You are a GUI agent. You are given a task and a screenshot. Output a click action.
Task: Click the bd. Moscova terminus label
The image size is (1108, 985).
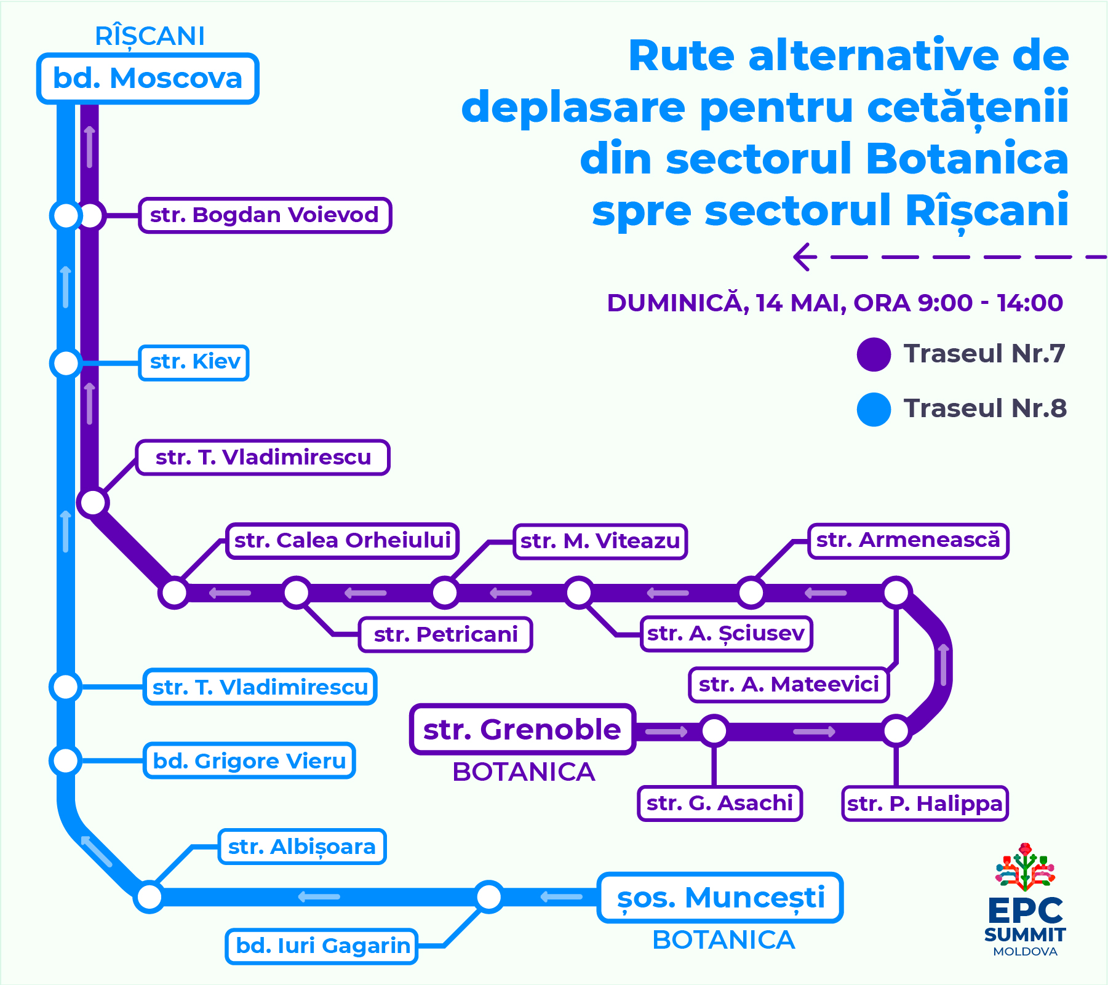click(x=148, y=79)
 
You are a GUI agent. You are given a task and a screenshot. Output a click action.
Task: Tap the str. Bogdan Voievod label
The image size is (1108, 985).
click(x=265, y=215)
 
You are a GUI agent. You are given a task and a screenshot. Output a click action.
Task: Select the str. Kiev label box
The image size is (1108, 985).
click(x=194, y=362)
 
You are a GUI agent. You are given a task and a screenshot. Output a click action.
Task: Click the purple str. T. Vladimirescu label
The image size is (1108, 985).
click(x=263, y=458)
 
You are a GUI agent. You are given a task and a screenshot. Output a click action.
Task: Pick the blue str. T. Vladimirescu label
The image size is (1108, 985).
click(x=260, y=687)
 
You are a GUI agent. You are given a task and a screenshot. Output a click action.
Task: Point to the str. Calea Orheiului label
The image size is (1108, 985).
click(x=342, y=541)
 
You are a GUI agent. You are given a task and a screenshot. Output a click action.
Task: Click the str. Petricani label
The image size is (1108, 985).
click(x=445, y=635)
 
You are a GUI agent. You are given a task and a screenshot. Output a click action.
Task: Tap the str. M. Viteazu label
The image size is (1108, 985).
click(x=600, y=541)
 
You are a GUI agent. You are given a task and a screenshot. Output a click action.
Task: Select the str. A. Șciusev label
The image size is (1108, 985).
click(x=726, y=634)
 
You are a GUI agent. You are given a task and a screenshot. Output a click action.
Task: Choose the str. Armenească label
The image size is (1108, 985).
click(x=908, y=541)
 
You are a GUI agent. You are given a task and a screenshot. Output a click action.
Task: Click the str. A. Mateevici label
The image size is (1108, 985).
click(x=789, y=685)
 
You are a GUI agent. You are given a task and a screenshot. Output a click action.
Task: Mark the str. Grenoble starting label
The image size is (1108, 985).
click(x=522, y=730)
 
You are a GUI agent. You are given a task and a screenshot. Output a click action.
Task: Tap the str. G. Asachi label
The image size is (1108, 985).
click(x=720, y=804)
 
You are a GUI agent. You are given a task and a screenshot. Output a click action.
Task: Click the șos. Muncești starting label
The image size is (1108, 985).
click(x=720, y=898)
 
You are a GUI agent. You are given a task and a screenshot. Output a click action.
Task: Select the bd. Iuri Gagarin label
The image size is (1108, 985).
click(x=322, y=946)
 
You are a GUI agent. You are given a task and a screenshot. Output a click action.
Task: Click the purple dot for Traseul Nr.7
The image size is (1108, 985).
click(x=874, y=354)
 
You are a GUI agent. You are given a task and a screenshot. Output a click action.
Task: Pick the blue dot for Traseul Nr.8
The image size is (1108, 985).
click(x=874, y=409)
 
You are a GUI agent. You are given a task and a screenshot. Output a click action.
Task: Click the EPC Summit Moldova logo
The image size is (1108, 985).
click(x=1025, y=899)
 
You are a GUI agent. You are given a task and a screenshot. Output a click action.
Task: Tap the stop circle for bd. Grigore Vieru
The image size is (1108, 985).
click(x=66, y=760)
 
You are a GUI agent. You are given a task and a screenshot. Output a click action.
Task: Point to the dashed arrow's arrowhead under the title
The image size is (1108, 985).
click(x=803, y=257)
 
